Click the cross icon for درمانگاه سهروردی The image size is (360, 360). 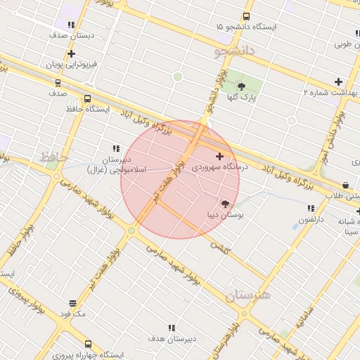(219, 155)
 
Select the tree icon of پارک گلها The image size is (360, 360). (242, 86)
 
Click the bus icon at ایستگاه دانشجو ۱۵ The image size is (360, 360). (246, 16)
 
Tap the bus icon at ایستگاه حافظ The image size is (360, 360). (87, 99)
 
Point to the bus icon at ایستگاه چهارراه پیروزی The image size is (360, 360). (88, 344)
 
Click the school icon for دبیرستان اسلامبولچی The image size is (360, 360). (116, 148)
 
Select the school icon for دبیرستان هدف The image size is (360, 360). (171, 327)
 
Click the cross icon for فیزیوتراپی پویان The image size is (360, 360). (71, 53)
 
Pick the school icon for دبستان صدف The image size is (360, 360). (71, 25)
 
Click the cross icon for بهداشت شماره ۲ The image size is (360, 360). (338, 82)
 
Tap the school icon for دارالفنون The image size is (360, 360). (310, 208)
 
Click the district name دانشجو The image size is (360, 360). (233, 52)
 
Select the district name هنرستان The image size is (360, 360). (248, 295)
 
